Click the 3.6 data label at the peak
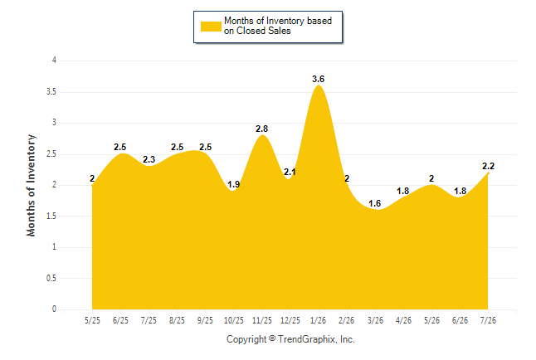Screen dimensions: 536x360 pos(318,79)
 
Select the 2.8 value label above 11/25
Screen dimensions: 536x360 pos(262,129)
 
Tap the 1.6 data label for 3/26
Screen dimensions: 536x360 pos(375,203)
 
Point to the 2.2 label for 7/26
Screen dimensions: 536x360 pos(488,166)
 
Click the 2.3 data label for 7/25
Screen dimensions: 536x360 pos(149,159)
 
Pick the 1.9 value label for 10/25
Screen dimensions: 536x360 pos(233,185)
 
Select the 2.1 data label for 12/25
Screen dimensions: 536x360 pos(290,172)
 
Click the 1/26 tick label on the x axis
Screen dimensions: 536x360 pos(318,320)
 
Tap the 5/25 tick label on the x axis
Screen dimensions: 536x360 pos(92,320)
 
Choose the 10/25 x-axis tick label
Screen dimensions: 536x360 pos(233,320)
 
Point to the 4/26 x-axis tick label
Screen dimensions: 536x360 pos(403,320)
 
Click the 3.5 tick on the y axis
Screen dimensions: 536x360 pos(51,92)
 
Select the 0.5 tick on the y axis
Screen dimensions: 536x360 pos(51,278)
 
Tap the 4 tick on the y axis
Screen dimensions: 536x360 pos(54,61)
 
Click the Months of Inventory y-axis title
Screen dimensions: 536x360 pos(31,185)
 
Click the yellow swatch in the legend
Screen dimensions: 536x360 pos(211,27)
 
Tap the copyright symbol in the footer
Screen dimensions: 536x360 pos(272,338)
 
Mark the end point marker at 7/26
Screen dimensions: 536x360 pos(488,173)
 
